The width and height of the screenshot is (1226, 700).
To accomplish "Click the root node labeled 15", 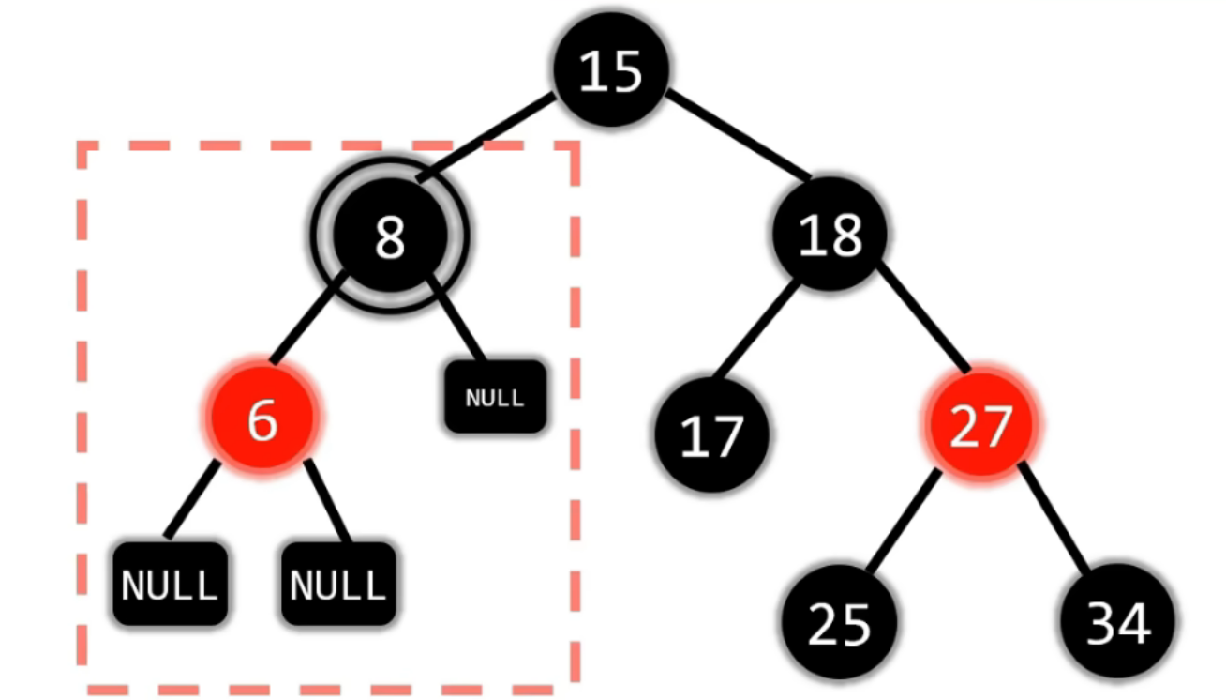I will (x=610, y=70).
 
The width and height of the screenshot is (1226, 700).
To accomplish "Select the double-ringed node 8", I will (x=389, y=237).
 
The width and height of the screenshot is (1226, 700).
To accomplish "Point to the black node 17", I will (x=711, y=435).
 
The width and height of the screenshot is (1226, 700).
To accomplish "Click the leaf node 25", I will (x=840, y=622).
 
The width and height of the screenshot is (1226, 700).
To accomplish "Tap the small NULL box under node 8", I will (x=495, y=397).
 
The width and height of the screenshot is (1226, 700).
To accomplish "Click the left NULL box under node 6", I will (x=170, y=585).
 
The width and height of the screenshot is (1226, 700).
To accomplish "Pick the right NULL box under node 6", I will (x=338, y=585).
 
